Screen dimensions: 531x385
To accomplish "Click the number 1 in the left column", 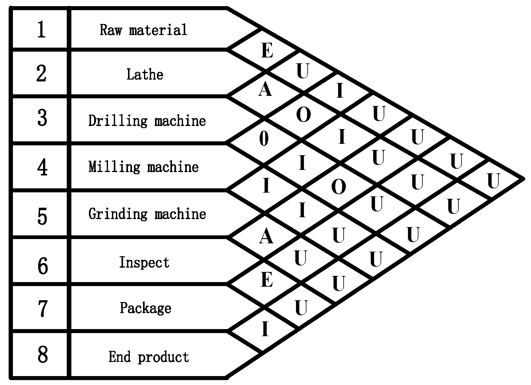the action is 42,30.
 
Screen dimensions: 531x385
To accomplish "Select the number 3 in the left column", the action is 42,118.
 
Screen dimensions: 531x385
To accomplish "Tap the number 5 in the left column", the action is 42,216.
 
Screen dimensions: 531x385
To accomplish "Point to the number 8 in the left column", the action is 42,354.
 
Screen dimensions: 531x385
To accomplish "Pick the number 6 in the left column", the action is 42,266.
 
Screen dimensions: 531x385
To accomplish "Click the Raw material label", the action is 143,30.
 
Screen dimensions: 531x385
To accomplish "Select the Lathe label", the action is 145,74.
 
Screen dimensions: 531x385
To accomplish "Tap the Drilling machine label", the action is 147,121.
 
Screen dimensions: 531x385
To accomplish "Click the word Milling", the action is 114,167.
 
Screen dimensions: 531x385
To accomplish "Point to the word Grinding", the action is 118,214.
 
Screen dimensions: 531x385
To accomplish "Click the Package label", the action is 146,308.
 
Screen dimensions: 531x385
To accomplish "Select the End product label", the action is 149,357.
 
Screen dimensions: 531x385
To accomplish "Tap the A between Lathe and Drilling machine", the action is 265,89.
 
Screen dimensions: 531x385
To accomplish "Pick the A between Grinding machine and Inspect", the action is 266,237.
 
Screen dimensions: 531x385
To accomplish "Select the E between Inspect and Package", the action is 267,280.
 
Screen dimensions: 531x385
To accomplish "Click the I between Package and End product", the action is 265,329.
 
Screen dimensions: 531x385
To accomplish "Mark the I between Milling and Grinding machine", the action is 266,186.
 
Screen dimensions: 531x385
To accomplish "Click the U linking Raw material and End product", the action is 493,181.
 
